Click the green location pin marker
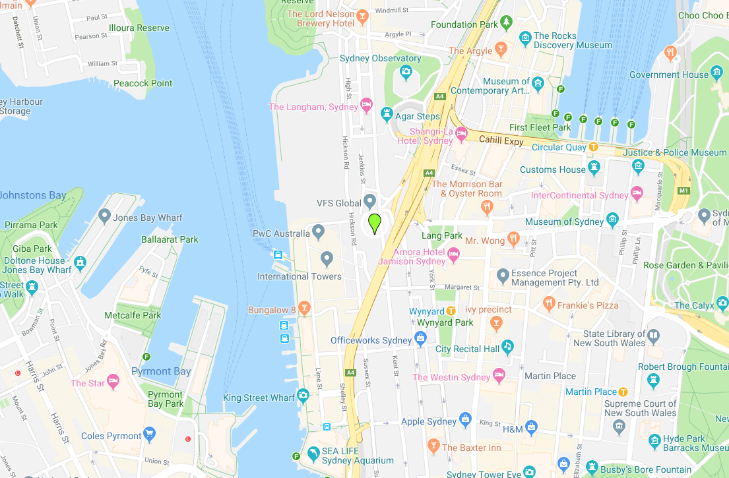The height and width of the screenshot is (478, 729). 375,224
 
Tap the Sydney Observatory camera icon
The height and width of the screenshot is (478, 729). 406,71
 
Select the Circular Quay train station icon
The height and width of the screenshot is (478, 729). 593,147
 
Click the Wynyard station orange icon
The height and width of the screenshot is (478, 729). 451,311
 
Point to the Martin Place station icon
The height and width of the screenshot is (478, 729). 623,392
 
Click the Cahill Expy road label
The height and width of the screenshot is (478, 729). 501,140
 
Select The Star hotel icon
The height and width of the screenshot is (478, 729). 113,381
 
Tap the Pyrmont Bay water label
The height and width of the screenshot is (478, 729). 161,371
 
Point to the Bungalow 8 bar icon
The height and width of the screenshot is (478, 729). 304,308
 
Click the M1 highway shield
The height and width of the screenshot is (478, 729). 683,191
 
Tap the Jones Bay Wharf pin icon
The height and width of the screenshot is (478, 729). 104,216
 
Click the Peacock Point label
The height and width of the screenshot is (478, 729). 143,83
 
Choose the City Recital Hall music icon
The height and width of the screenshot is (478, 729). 507,346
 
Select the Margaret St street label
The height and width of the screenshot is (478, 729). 462,287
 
